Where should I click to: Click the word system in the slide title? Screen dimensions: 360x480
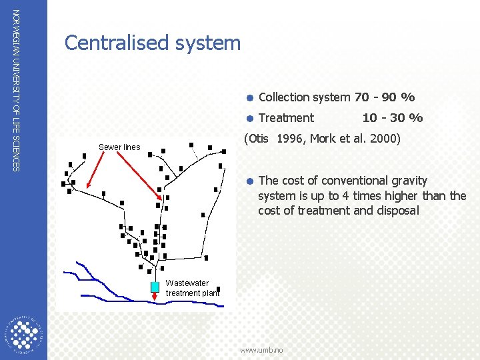[x=210, y=43]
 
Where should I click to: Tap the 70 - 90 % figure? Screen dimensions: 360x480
[x=385, y=97]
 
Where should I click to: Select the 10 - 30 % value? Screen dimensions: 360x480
[x=392, y=118]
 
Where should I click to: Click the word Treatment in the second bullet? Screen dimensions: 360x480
[x=286, y=118]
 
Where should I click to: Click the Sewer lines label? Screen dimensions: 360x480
[x=119, y=147]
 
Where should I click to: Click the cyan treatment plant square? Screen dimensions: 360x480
[x=155, y=287]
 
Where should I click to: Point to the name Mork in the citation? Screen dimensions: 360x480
[x=324, y=139]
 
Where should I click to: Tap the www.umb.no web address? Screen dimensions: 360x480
[x=261, y=350]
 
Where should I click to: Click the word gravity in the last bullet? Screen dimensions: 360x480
[x=407, y=181]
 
